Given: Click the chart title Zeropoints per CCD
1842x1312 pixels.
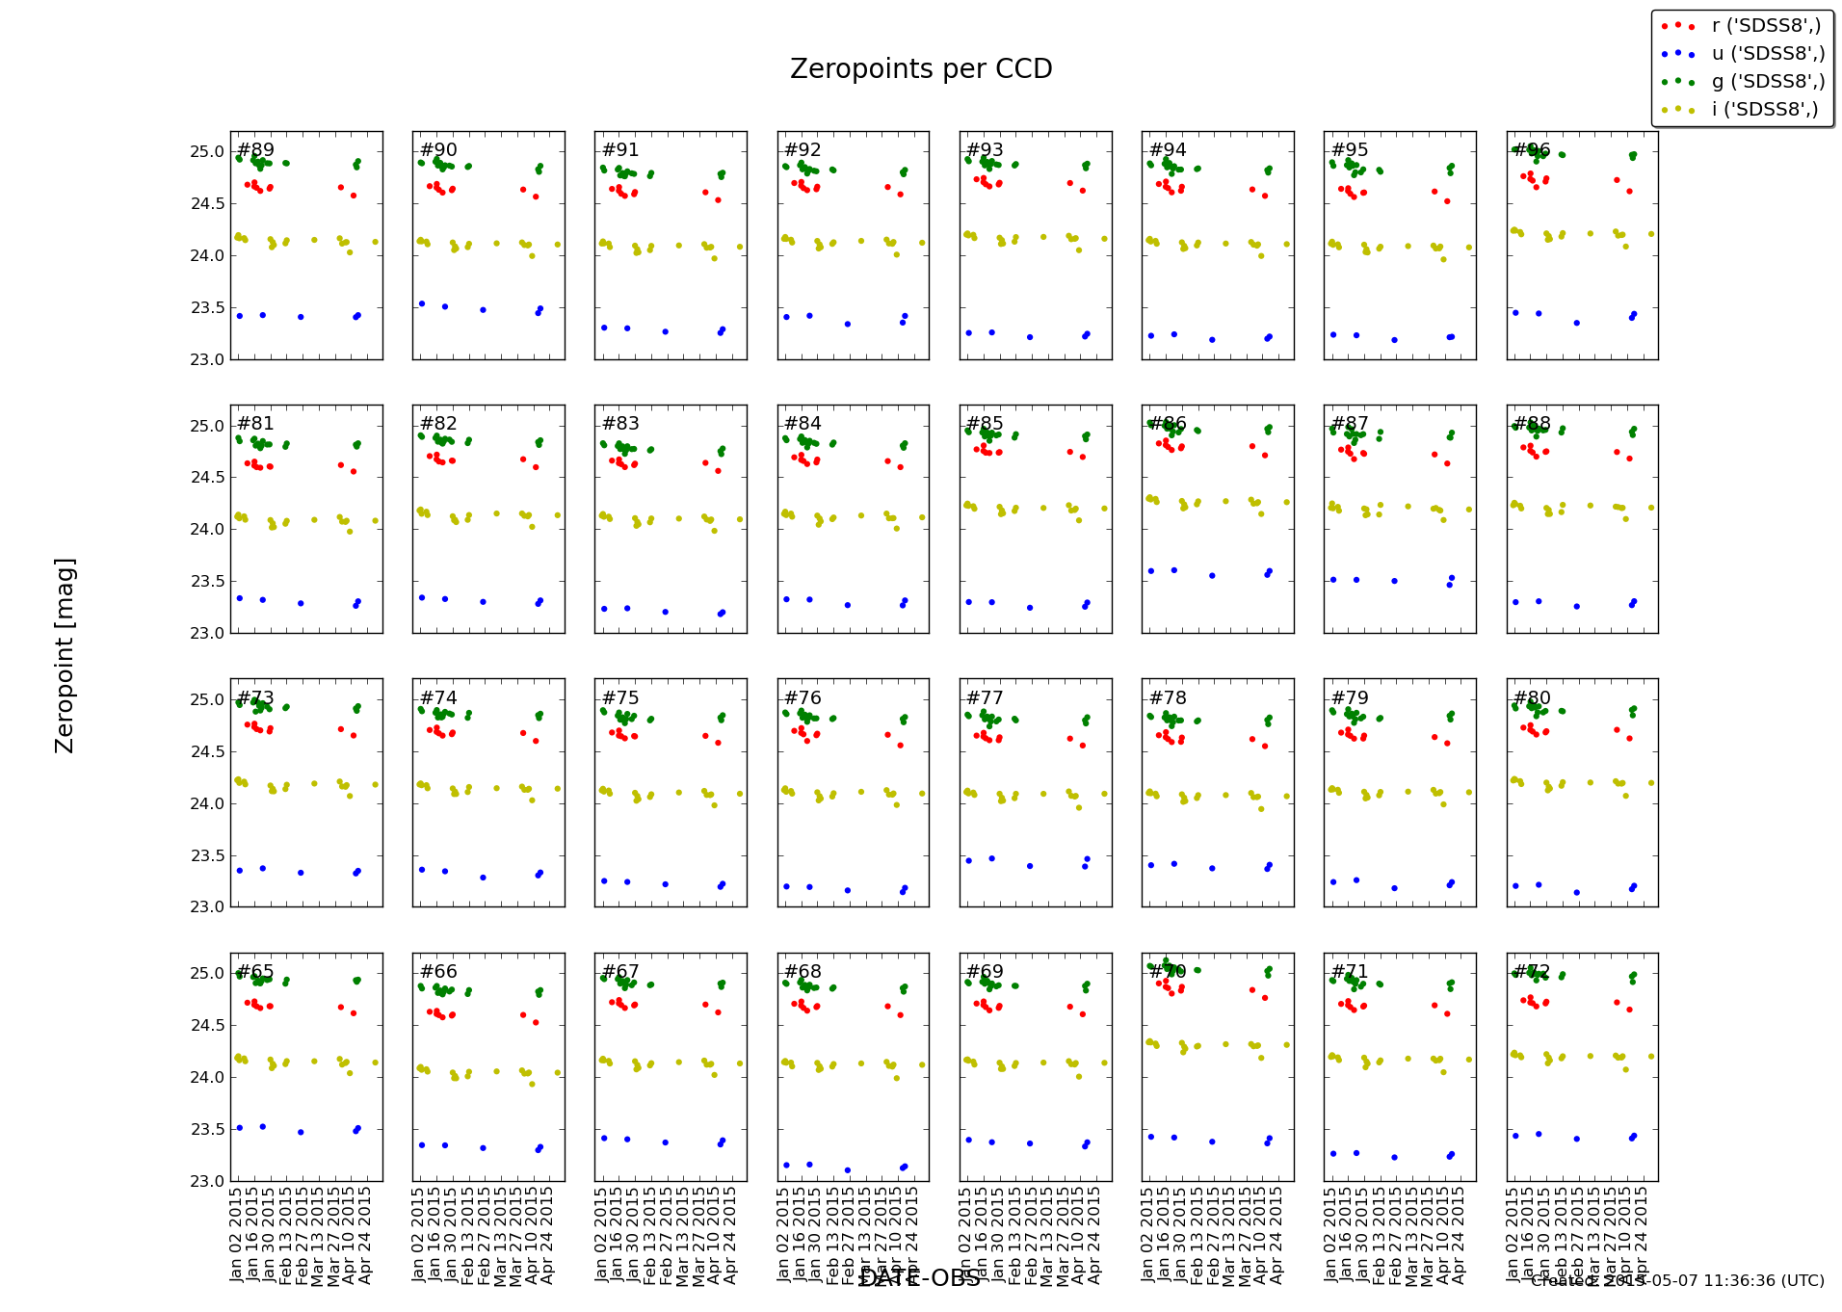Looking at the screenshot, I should [920, 69].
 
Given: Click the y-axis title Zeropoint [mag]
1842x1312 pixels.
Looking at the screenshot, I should [65, 655].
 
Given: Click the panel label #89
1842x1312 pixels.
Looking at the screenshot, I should [255, 150].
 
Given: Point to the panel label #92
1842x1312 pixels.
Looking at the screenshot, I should [803, 150].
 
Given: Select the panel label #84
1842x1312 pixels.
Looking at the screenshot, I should [803, 424].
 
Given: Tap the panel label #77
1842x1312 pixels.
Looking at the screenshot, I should [985, 698].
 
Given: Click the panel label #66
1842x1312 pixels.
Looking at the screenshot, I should [438, 972].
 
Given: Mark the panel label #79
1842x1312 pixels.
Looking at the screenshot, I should [1350, 698].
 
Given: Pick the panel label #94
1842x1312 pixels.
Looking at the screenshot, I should [1168, 150].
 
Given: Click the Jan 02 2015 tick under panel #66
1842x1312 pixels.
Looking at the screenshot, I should [419, 1235].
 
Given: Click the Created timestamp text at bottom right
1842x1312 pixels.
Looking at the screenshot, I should [1676, 1281].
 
